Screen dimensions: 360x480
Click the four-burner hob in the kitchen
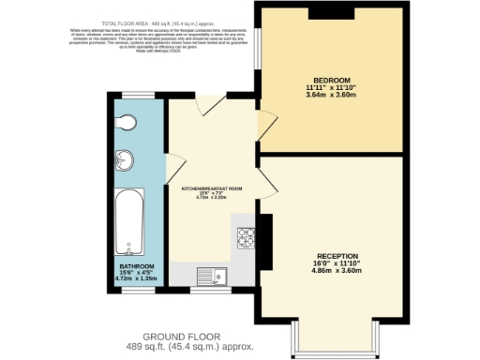[x=247, y=238]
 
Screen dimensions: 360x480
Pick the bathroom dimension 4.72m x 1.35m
[x=128, y=278]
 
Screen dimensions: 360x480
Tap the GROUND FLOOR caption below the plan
[x=182, y=336]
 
